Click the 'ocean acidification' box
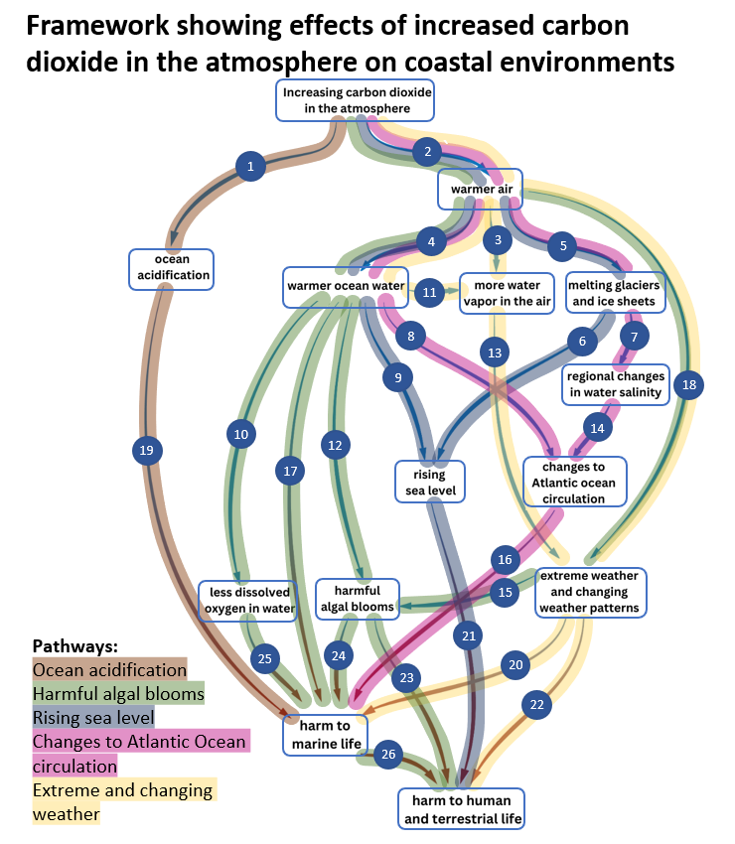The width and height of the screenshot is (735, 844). pos(171,268)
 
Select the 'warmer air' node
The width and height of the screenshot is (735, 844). pos(480,189)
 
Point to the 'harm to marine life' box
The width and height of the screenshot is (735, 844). pos(325,735)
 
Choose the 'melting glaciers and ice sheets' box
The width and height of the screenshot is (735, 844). pos(613,293)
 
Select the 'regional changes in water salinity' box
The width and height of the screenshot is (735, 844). pos(615,384)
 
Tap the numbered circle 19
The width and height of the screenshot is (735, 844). pos(147,451)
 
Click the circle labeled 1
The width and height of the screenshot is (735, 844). pos(251,166)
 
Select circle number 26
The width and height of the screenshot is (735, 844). pos(388,755)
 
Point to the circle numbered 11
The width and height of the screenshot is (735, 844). pos(429,292)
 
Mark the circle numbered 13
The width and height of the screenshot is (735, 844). pos(494,350)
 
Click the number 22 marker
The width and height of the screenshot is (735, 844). pos(537,705)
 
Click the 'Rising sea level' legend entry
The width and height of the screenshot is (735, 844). pos(93,716)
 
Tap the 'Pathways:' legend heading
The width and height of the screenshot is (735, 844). pos(74,644)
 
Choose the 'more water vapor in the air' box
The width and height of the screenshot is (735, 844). pos(507,293)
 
